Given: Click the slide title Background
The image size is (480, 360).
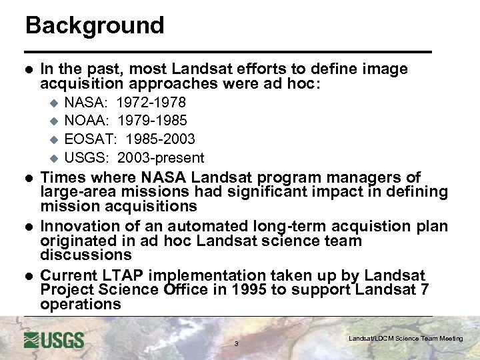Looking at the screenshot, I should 95,25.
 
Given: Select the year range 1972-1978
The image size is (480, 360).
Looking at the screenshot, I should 151,103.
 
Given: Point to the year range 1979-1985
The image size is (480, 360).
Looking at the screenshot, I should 153,121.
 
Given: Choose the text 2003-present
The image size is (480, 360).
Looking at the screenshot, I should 161,158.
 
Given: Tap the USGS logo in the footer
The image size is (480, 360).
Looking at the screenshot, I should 54,340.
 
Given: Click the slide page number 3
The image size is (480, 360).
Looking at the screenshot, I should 236,344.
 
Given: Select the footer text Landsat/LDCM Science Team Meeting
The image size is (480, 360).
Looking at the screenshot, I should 405,339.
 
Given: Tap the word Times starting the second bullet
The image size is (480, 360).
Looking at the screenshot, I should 63,177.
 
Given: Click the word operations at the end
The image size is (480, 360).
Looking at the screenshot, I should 81,305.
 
